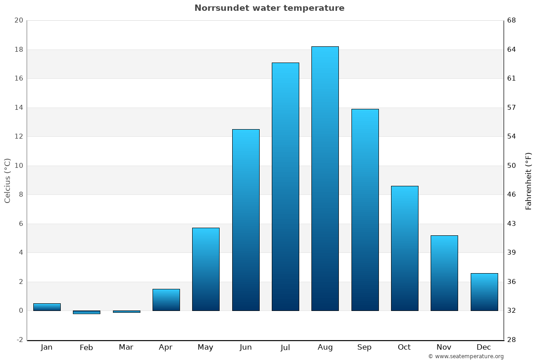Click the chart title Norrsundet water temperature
(269, 8)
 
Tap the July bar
(285, 187)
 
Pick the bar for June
(246, 220)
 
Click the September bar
(365, 210)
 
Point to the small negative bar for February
(86, 312)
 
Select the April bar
(166, 300)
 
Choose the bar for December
(484, 292)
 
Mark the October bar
(405, 248)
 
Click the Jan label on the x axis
(46, 347)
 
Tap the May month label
(206, 347)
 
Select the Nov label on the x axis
(444, 347)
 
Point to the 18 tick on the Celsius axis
(18, 49)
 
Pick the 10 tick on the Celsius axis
(18, 166)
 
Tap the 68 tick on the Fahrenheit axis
(512, 20)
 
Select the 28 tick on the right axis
(512, 340)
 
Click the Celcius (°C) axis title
(8, 180)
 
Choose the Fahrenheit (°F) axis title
(529, 181)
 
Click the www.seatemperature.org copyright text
(466, 356)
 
